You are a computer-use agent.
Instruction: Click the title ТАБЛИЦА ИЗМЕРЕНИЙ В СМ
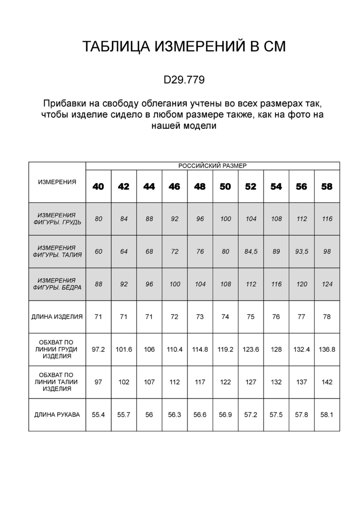(184, 47)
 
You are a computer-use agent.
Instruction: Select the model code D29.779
(184, 80)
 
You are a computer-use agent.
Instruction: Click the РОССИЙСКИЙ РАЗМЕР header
(212, 166)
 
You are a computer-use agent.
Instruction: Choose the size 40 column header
(98, 186)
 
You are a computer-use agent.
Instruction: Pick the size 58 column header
(327, 186)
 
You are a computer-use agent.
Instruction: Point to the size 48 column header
(200, 186)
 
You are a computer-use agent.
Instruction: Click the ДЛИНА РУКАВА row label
(57, 415)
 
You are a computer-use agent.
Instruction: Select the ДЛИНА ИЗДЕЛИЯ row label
(57, 317)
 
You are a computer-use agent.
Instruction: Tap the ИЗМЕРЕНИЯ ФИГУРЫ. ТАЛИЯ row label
(57, 252)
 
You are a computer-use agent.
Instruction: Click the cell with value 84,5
(251, 252)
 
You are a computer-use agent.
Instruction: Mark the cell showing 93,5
(301, 252)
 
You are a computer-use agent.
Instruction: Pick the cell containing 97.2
(98, 349)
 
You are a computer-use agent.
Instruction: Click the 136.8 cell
(327, 349)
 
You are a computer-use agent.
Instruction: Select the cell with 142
(327, 382)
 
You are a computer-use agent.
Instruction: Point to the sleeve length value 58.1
(327, 415)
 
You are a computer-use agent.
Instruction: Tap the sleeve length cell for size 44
(149, 415)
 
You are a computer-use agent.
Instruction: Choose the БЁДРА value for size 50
(225, 284)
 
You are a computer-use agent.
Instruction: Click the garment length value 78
(327, 317)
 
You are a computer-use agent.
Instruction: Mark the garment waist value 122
(225, 382)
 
